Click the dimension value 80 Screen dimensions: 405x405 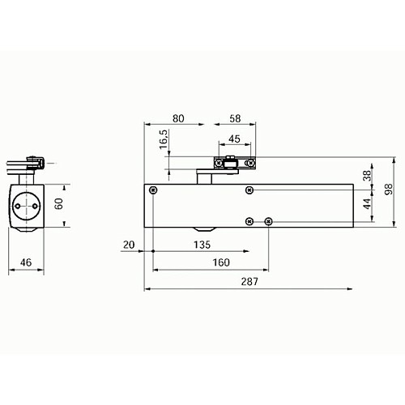coord(179,118)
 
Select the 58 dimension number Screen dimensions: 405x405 coord(235,118)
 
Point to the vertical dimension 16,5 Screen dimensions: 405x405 coord(163,139)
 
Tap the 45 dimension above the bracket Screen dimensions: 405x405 coord(233,139)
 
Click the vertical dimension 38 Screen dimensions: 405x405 coord(367,175)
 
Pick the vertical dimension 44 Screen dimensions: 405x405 coord(367,203)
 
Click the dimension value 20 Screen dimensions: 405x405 coord(130,244)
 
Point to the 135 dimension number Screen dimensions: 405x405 coord(201,244)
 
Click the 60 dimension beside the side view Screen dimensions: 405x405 coord(58,204)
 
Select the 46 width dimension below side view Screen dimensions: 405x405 coord(25,262)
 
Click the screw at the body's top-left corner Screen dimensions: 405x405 coord(153,190)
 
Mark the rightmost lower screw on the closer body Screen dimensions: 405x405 coord(269,221)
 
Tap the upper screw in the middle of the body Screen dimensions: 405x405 coord(249,190)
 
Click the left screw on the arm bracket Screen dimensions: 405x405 coord(219,164)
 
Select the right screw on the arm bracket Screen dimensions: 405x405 coord(251,164)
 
